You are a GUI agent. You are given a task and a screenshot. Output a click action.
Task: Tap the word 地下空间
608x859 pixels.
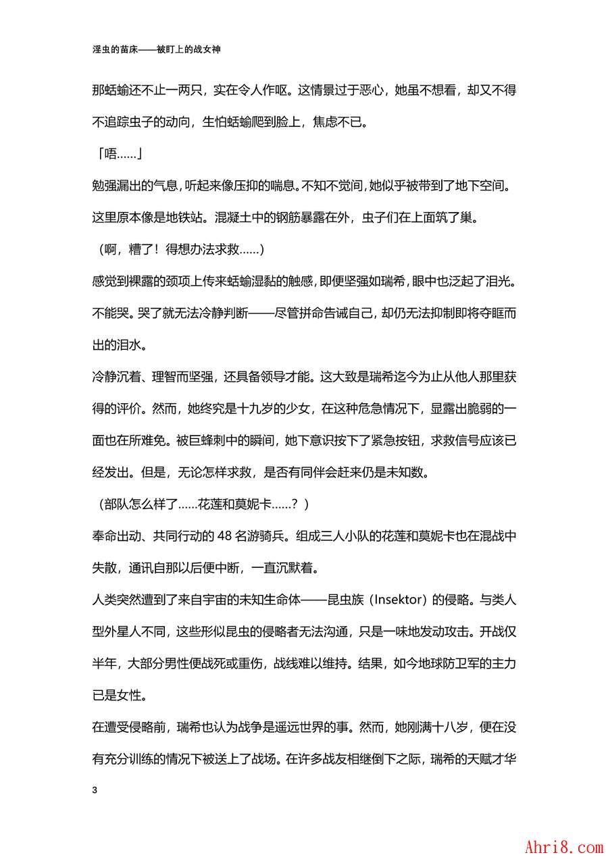[486, 186]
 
